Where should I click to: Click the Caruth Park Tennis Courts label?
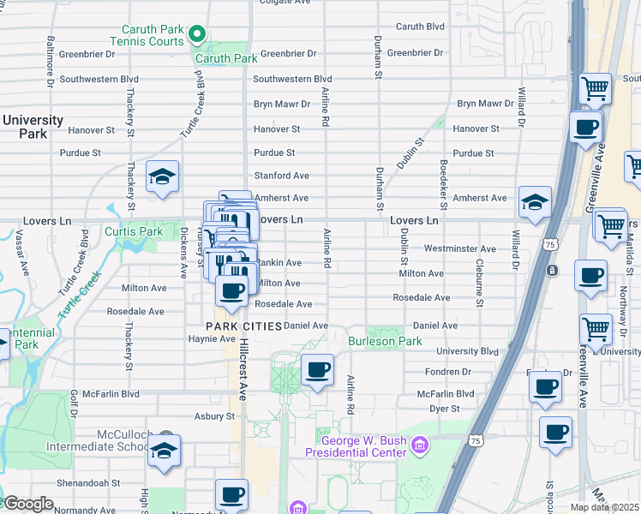[x=147, y=35]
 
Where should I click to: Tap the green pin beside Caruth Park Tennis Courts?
[x=197, y=35]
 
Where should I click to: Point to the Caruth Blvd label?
[x=420, y=27]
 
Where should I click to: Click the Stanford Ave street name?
[x=281, y=176]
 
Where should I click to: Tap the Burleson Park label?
[x=385, y=341]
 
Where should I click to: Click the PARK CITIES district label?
[x=243, y=326]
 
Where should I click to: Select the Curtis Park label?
[x=134, y=232]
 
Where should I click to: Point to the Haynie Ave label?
[x=206, y=338]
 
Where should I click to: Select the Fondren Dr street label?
[x=448, y=372]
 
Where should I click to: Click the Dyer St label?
[x=445, y=409]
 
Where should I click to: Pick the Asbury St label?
[x=214, y=416]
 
